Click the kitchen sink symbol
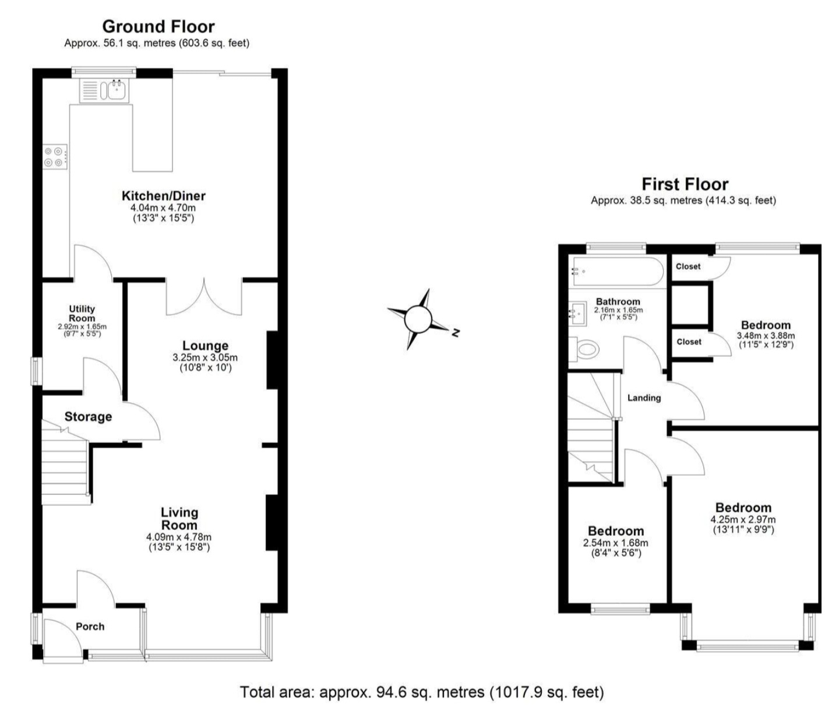(104, 90)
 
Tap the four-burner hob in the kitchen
(55, 157)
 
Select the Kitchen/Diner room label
(164, 196)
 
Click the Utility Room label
(82, 314)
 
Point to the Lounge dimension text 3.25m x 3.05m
(205, 358)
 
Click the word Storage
(88, 417)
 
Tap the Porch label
(90, 626)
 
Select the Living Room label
(179, 518)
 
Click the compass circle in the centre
(417, 319)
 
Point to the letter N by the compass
(456, 332)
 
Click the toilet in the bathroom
(584, 349)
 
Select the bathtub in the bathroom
(616, 271)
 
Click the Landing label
(644, 398)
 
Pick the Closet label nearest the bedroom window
(688, 266)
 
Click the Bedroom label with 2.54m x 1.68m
(616, 531)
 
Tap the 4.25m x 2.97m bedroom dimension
(743, 519)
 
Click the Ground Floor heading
(158, 26)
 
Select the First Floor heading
(685, 184)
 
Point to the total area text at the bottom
(422, 692)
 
